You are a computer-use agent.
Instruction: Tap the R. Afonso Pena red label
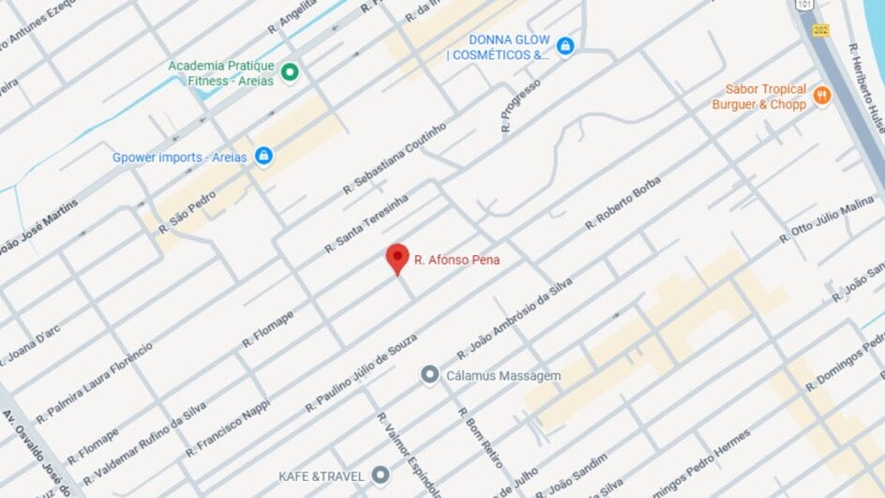pyautogui.click(x=457, y=260)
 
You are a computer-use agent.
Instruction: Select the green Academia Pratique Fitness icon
pyautogui.click(x=290, y=72)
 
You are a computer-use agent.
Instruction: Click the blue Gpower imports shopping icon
pyautogui.click(x=264, y=156)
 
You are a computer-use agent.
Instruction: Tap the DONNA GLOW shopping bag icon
pyautogui.click(x=564, y=45)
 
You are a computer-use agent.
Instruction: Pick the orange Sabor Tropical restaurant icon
pyautogui.click(x=822, y=96)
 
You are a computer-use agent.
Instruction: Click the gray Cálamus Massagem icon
pyautogui.click(x=429, y=375)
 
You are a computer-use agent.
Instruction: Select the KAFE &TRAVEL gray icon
pyautogui.click(x=380, y=475)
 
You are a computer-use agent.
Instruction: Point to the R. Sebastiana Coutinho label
pyautogui.click(x=394, y=157)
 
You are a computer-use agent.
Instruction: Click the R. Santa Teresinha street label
pyautogui.click(x=367, y=225)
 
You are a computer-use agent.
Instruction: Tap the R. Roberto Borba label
pyautogui.click(x=623, y=203)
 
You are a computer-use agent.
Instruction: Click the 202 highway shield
pyautogui.click(x=822, y=30)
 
